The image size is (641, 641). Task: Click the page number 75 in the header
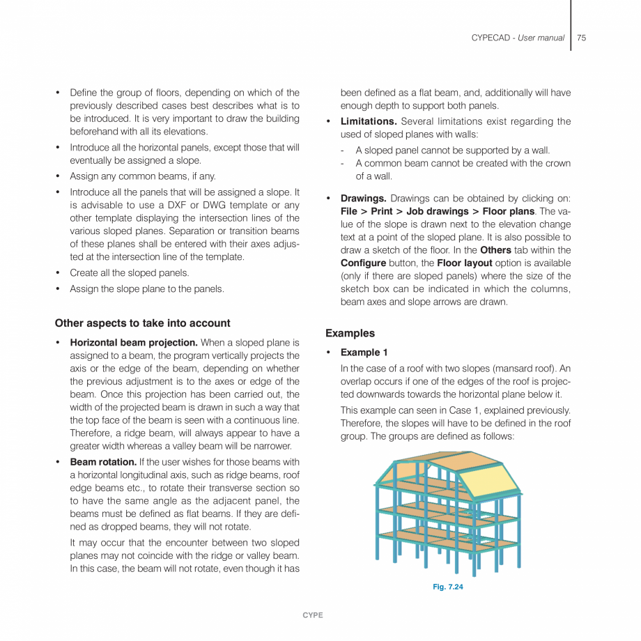(x=581, y=38)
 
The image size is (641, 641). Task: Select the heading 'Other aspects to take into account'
(x=142, y=323)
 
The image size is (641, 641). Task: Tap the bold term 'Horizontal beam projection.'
(x=134, y=343)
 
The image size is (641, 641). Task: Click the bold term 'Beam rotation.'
(x=103, y=462)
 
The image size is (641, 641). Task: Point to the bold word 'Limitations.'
(x=369, y=122)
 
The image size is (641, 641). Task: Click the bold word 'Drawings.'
(x=363, y=198)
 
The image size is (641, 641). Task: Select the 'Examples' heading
(x=350, y=333)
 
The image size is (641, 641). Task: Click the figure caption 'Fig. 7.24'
(x=447, y=587)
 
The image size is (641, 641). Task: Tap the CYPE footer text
(x=313, y=615)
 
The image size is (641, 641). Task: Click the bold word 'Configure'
(x=363, y=263)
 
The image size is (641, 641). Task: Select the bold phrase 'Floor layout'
(x=465, y=263)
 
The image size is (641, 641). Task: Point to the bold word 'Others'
(x=495, y=250)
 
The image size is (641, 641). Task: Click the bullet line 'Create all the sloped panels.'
(x=129, y=273)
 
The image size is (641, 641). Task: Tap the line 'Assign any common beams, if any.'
(x=142, y=176)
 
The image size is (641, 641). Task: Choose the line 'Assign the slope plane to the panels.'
(x=146, y=288)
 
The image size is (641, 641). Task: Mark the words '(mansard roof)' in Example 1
(x=521, y=369)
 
